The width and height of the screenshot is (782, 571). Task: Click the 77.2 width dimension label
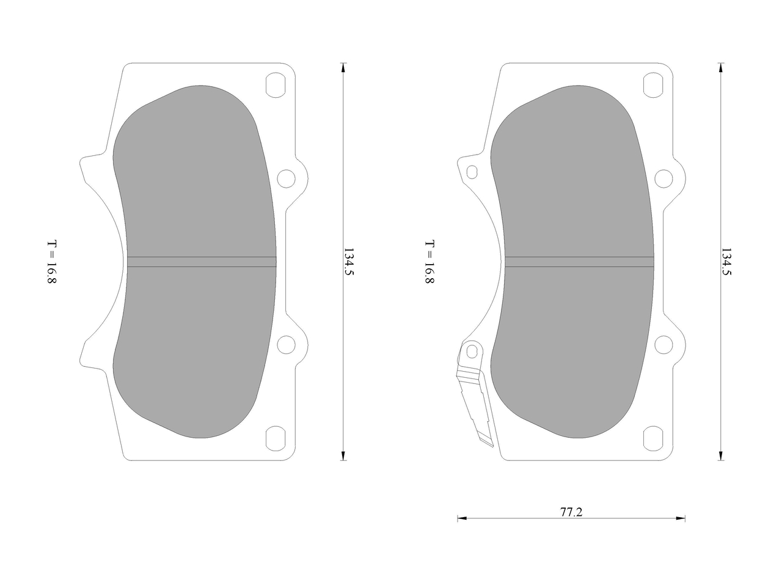[571, 512]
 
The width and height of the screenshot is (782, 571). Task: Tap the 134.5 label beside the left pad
[349, 262]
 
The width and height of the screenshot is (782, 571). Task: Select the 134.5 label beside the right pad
[726, 262]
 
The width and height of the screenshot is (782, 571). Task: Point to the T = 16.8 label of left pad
[52, 262]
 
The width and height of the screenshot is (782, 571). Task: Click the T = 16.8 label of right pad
[429, 262]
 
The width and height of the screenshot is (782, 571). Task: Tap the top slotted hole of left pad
[276, 85]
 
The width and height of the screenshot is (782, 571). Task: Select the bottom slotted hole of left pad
[276, 438]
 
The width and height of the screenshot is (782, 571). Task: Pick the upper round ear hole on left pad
[287, 179]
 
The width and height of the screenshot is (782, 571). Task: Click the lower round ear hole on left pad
[287, 345]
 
